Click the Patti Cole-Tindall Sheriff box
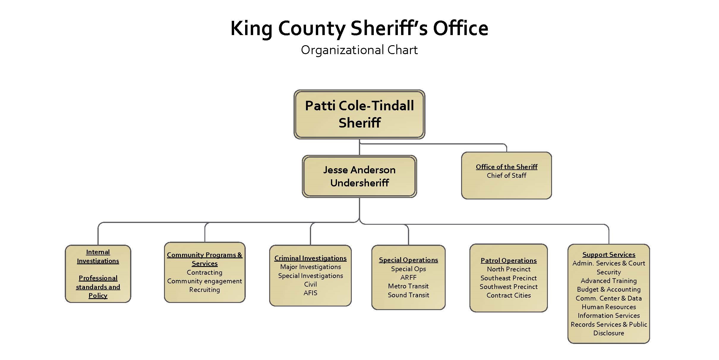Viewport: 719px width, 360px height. (359, 114)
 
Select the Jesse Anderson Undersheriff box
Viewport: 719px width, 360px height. (359, 176)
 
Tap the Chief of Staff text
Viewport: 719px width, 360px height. (506, 176)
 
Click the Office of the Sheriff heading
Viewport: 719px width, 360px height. (506, 167)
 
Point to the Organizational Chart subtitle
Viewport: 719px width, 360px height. (359, 50)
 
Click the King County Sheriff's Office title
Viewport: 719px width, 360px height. (359, 29)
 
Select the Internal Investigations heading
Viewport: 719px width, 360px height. (98, 256)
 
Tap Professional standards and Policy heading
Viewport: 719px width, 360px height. (98, 287)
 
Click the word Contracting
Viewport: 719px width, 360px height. (204, 272)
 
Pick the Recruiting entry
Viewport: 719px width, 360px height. (204, 290)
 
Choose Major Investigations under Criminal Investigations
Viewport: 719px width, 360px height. (310, 267)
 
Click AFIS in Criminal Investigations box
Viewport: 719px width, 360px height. (310, 293)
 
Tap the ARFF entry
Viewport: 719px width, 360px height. (408, 277)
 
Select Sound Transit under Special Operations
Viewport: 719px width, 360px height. (408, 295)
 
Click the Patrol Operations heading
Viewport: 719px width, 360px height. (508, 260)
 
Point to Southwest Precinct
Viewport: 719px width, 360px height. (508, 287)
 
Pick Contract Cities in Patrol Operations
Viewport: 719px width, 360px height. (508, 295)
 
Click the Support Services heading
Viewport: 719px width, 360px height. (608, 254)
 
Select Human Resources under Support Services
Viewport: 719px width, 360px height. (608, 307)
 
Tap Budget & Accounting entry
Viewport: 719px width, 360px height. (608, 289)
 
